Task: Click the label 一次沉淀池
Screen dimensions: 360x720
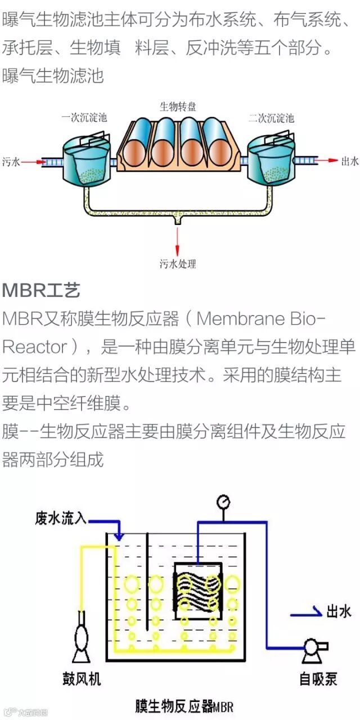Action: (84, 118)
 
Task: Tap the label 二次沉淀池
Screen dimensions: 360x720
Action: (272, 118)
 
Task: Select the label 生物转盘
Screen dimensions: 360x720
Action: (178, 106)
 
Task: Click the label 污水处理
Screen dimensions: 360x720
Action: (178, 264)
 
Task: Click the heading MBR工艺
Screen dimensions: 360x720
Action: (41, 290)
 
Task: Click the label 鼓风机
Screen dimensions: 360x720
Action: (82, 679)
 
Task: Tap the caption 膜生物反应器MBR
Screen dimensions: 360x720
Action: (184, 706)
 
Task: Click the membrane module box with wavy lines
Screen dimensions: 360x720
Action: (197, 591)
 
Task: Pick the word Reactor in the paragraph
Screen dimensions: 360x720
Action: (34, 346)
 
